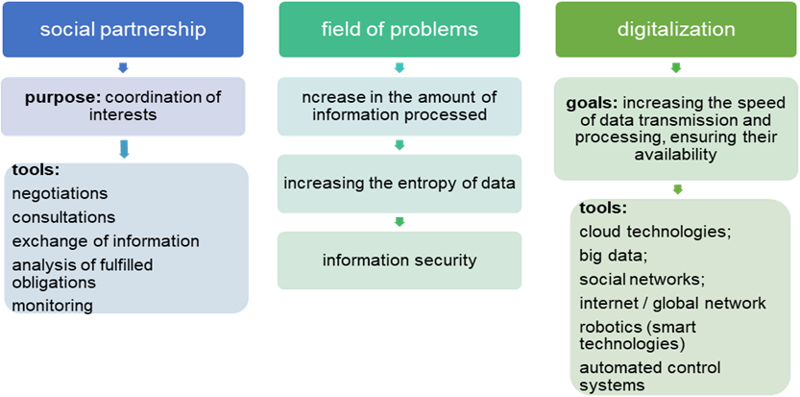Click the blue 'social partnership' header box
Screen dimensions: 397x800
[123, 30]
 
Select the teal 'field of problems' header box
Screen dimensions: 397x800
[400, 30]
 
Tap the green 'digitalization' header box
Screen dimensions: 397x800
[676, 30]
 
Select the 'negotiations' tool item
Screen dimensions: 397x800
[60, 194]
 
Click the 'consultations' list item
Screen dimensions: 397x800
[63, 217]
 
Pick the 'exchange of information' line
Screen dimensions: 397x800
[106, 241]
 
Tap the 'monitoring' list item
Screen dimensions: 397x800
[53, 306]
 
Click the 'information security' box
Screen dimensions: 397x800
[400, 260]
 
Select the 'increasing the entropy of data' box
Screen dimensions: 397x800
[400, 183]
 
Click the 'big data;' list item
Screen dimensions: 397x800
[613, 255]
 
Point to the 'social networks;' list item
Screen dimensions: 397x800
[642, 279]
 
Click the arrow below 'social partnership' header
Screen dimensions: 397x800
[123, 68]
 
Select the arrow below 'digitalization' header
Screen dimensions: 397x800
[676, 68]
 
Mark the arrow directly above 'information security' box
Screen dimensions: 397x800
[400, 222]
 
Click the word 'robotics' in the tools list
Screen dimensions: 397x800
[607, 327]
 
